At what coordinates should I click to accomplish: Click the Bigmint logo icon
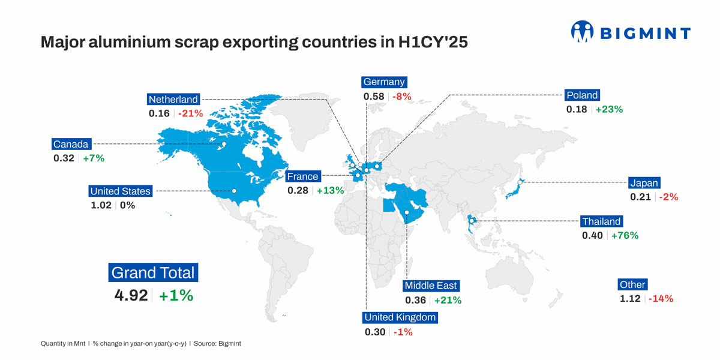click(581, 32)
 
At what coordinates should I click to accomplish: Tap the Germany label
click(384, 82)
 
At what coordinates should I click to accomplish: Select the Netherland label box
click(173, 100)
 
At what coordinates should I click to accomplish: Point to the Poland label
click(582, 95)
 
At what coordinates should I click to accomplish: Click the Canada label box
click(71, 144)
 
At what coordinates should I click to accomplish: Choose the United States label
click(120, 191)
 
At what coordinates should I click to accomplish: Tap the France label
click(303, 176)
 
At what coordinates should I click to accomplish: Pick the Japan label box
click(644, 183)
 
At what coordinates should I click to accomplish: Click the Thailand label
click(602, 221)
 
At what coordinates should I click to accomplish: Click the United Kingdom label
click(400, 317)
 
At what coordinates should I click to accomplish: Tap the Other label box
click(632, 285)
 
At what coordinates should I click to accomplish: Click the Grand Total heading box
click(153, 273)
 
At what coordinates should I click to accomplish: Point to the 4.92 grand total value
click(131, 296)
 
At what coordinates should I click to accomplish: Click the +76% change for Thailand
click(625, 235)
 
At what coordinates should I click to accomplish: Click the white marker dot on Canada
click(223, 144)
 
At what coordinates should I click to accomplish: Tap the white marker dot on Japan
click(520, 182)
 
